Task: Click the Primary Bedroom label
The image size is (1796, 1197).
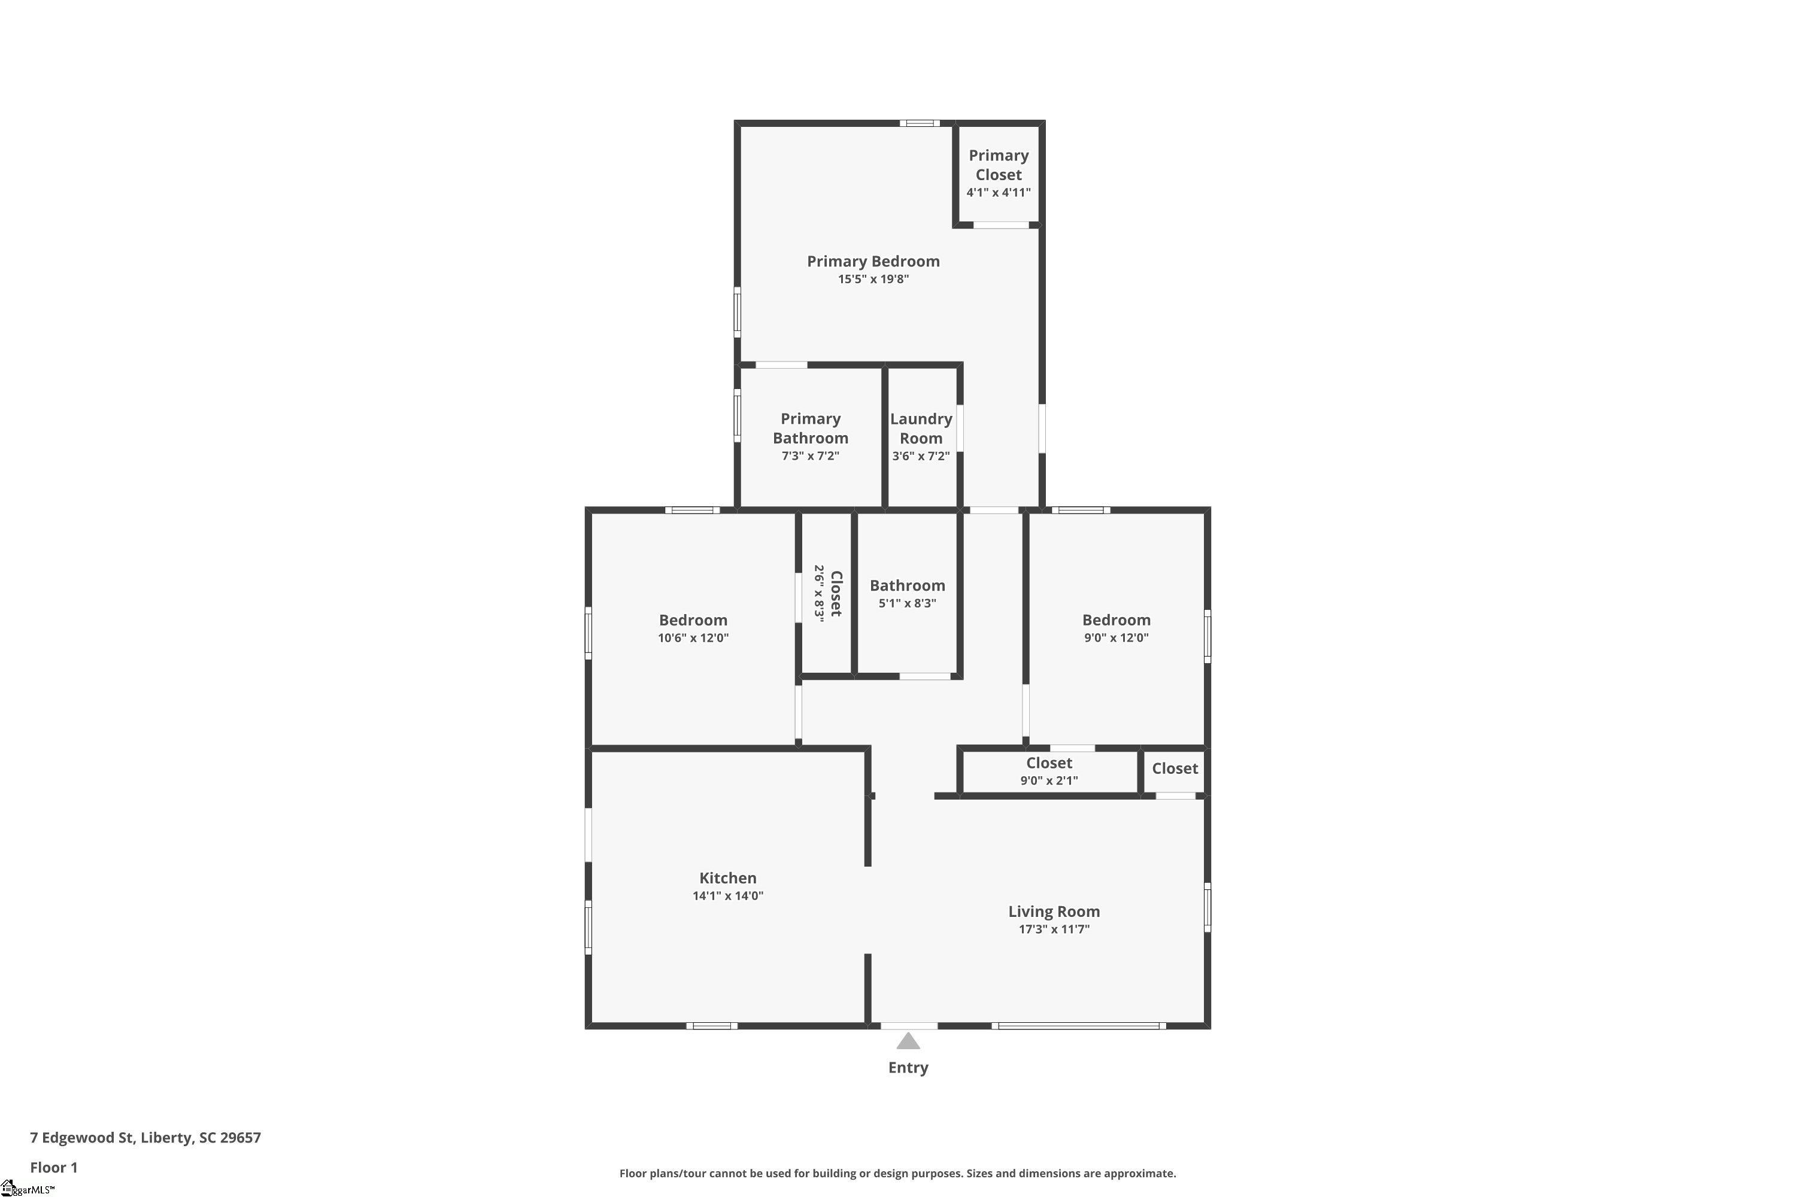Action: pyautogui.click(x=873, y=261)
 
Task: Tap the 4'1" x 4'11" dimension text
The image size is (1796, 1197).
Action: pyautogui.click(x=998, y=192)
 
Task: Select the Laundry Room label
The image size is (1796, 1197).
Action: pyautogui.click(x=920, y=429)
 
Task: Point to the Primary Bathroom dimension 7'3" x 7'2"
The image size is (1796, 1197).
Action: pyautogui.click(x=809, y=455)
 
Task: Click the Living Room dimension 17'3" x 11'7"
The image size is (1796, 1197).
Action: pyautogui.click(x=1053, y=929)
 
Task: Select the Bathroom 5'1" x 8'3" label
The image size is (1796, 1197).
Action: pyautogui.click(x=906, y=593)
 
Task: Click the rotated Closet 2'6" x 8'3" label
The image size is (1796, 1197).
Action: pyautogui.click(x=828, y=594)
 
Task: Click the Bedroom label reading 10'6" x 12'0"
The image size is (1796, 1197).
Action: pyautogui.click(x=693, y=627)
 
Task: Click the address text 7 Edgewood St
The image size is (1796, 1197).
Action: pyautogui.click(x=145, y=1138)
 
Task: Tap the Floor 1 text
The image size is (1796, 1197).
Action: pyautogui.click(x=53, y=1167)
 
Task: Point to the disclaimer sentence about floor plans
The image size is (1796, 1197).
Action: pyautogui.click(x=897, y=1173)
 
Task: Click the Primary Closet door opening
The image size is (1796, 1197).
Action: pyautogui.click(x=1000, y=225)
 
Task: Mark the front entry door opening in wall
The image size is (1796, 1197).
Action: pyautogui.click(x=908, y=1026)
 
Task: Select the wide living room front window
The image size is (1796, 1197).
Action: pyautogui.click(x=1078, y=1026)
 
